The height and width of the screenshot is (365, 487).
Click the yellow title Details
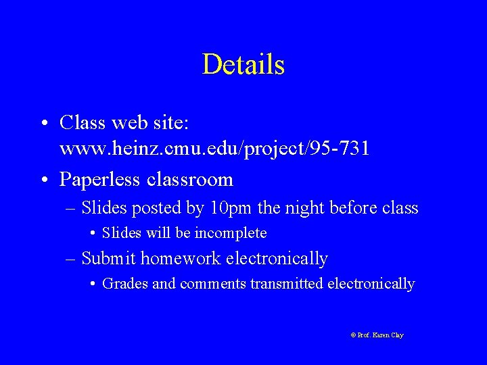pos(243,65)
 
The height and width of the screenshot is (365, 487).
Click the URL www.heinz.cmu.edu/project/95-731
pos(214,149)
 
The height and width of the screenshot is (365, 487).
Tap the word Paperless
pos(99,179)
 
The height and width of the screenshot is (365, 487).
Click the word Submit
pos(109,258)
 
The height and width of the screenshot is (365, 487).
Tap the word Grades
pos(124,284)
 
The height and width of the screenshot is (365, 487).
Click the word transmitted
pos(287,284)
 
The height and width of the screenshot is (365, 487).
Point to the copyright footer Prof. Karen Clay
pos(377,335)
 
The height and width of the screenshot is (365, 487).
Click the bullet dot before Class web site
pos(43,124)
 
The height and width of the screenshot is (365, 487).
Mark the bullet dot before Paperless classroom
pos(43,180)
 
